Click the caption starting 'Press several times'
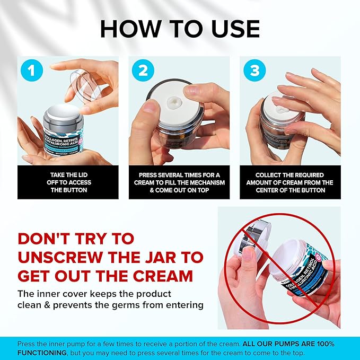pyautogui.click(x=179, y=182)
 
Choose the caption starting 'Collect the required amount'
pyautogui.click(x=290, y=182)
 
